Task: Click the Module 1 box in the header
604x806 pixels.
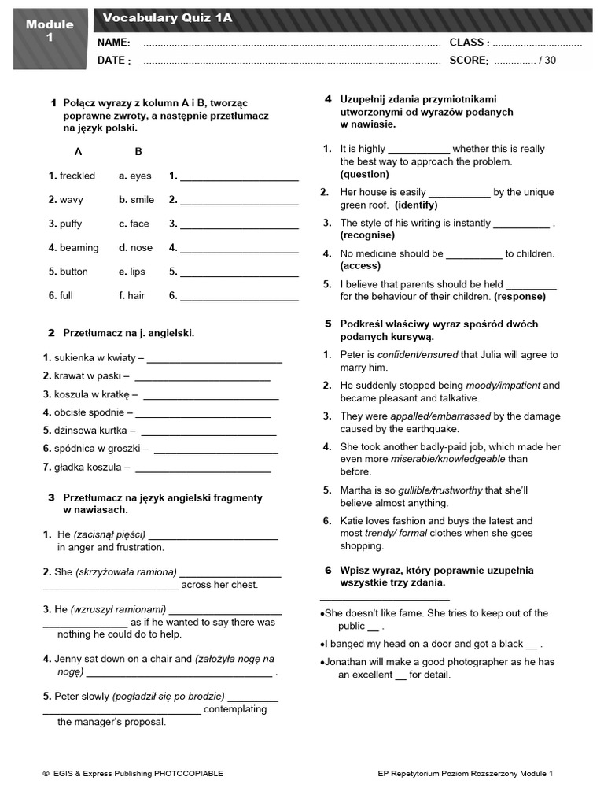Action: tap(50, 31)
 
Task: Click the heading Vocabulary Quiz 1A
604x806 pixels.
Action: tap(168, 17)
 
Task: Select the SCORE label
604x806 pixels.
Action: tap(469, 60)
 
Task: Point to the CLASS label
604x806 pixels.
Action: tap(469, 43)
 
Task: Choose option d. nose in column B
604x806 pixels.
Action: tap(135, 247)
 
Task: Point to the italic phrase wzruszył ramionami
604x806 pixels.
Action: tap(118, 608)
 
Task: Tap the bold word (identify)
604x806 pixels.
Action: tap(411, 205)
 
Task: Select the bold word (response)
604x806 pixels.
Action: tap(519, 297)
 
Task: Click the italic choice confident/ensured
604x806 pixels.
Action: tap(417, 354)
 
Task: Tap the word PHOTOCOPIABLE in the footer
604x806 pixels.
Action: tap(187, 774)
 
